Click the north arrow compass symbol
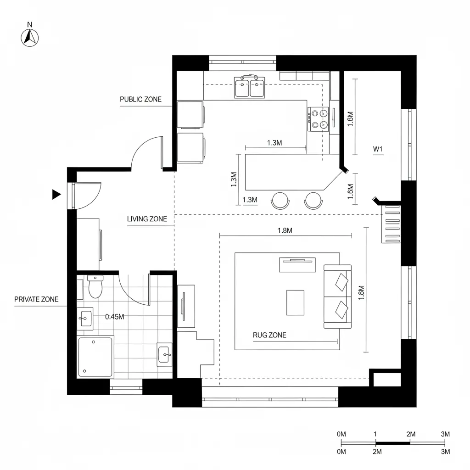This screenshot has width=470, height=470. pos(30,37)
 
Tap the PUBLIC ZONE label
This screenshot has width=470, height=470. pos(140,99)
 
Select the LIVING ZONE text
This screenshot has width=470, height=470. pos(147,219)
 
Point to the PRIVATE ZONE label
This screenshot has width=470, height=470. pos(36,299)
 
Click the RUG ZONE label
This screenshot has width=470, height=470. pos(269,335)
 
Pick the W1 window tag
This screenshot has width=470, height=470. pos(378,149)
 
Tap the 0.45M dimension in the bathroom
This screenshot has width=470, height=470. pos(115,316)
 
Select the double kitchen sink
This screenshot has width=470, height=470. pos(250,87)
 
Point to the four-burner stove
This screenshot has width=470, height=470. pos(319,118)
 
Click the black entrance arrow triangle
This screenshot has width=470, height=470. pos(56,195)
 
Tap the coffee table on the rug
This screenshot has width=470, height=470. pos(295,302)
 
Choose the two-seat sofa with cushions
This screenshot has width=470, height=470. pos(338,297)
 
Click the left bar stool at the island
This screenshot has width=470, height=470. pos(280,200)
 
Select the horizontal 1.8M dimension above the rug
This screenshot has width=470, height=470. pos(285,231)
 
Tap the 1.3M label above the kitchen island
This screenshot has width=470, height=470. pos(274,143)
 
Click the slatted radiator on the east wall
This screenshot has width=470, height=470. pos(391,224)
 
